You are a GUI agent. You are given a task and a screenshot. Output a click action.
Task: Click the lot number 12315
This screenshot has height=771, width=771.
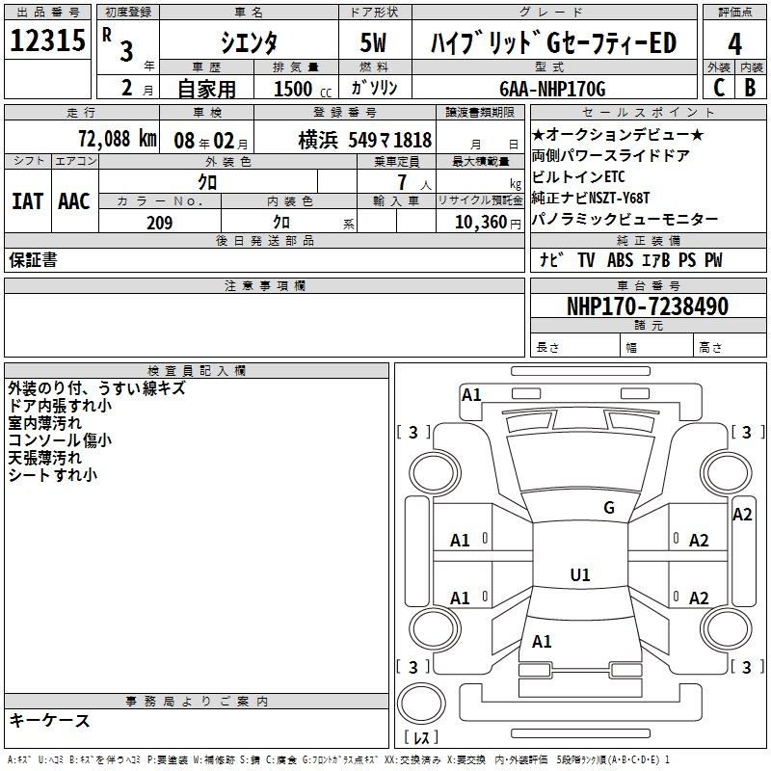pyautogui.click(x=47, y=40)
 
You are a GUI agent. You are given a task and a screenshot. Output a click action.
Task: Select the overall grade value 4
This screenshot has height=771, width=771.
pyautogui.click(x=734, y=44)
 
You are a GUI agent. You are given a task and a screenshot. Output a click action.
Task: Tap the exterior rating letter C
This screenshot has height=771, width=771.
pyautogui.click(x=719, y=88)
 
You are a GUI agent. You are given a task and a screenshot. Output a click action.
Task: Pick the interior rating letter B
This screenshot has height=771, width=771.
pyautogui.click(x=750, y=88)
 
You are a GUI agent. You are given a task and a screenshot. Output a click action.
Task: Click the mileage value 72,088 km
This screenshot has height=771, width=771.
pyautogui.click(x=118, y=139)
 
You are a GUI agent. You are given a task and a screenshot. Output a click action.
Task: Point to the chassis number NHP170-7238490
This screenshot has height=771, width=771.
pyautogui.click(x=648, y=306)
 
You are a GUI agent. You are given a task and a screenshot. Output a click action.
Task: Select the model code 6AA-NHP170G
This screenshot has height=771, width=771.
pyautogui.click(x=552, y=89)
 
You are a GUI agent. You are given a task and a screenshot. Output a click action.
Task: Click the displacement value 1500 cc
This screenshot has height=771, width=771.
pyautogui.click(x=303, y=89)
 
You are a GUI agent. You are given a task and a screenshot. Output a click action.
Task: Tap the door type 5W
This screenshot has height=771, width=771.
pyautogui.click(x=373, y=42)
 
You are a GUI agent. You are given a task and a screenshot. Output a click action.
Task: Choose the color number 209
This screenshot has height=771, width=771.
pyautogui.click(x=159, y=223)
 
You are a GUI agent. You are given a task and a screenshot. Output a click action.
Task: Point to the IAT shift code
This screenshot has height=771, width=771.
pyautogui.click(x=27, y=201)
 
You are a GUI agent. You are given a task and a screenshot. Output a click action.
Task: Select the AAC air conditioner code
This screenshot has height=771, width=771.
pyautogui.click(x=74, y=201)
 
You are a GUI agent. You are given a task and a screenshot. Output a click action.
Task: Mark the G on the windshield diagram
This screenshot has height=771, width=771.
pyautogui.click(x=609, y=508)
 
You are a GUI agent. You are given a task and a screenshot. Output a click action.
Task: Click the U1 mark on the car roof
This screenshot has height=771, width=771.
pyautogui.click(x=580, y=574)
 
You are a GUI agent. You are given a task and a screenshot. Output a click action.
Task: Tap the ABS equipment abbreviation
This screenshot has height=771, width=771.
pyautogui.click(x=620, y=260)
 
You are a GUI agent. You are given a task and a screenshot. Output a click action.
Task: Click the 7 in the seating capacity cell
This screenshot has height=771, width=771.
pyautogui.click(x=402, y=182)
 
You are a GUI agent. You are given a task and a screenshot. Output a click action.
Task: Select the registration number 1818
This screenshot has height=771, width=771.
pyautogui.click(x=412, y=140)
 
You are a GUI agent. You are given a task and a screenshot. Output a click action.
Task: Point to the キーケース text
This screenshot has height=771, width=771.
pyautogui.click(x=49, y=720)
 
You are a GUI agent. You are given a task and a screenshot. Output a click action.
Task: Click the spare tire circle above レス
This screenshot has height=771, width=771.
pyautogui.click(x=421, y=704)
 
